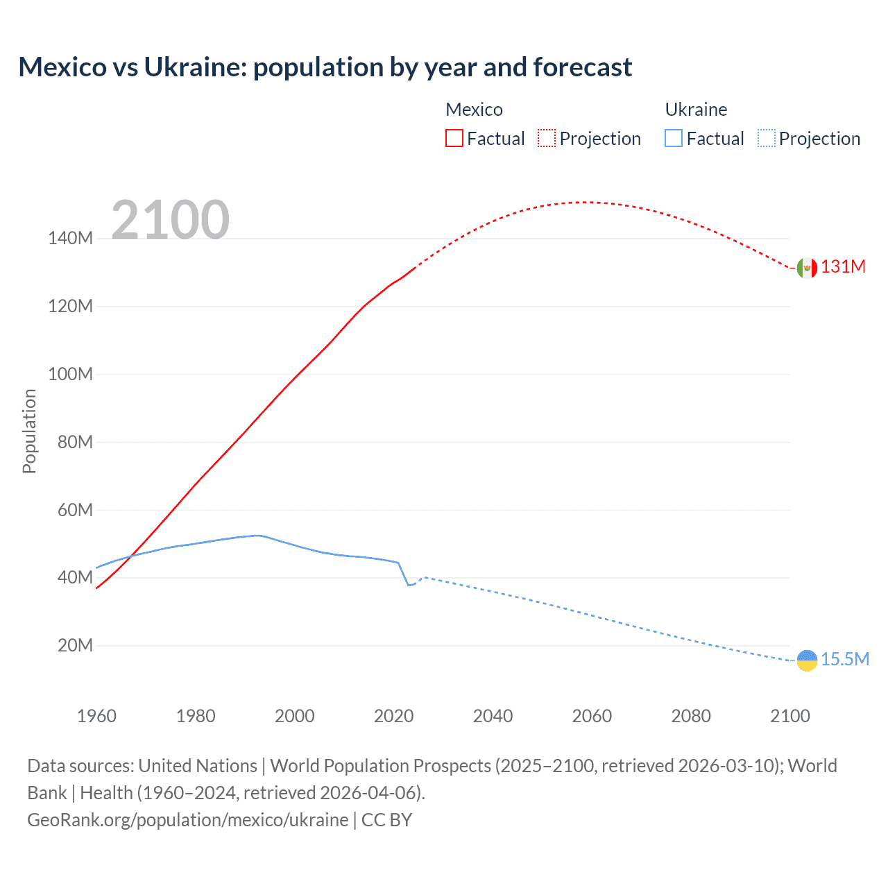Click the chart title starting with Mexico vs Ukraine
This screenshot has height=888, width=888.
coord(325,67)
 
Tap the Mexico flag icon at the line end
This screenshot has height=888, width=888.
coord(807,267)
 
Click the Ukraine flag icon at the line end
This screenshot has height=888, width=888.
coord(807,660)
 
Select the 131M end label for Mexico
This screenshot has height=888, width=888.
coord(843,267)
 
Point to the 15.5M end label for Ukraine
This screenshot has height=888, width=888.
coord(844,659)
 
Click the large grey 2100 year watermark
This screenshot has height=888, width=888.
coord(170,220)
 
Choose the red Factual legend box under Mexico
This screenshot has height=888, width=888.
coord(454,138)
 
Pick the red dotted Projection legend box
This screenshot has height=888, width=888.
coord(547,138)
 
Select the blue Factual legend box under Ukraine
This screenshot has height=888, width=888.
coord(674,138)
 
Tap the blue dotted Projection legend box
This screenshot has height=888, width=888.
coord(767,138)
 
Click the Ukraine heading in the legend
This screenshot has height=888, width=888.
coord(696,110)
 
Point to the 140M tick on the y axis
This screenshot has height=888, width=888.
coord(70,238)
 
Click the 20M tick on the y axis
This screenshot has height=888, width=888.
coord(75,645)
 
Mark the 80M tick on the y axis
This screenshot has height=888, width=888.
coord(75,442)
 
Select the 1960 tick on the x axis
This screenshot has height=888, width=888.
coord(96,716)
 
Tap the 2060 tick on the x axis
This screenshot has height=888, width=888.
coord(592,716)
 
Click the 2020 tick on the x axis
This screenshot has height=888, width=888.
coord(393,716)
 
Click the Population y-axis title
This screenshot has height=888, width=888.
coord(29,431)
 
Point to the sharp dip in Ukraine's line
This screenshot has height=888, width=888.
coord(409,585)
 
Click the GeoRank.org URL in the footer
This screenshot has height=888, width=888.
coord(188,820)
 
